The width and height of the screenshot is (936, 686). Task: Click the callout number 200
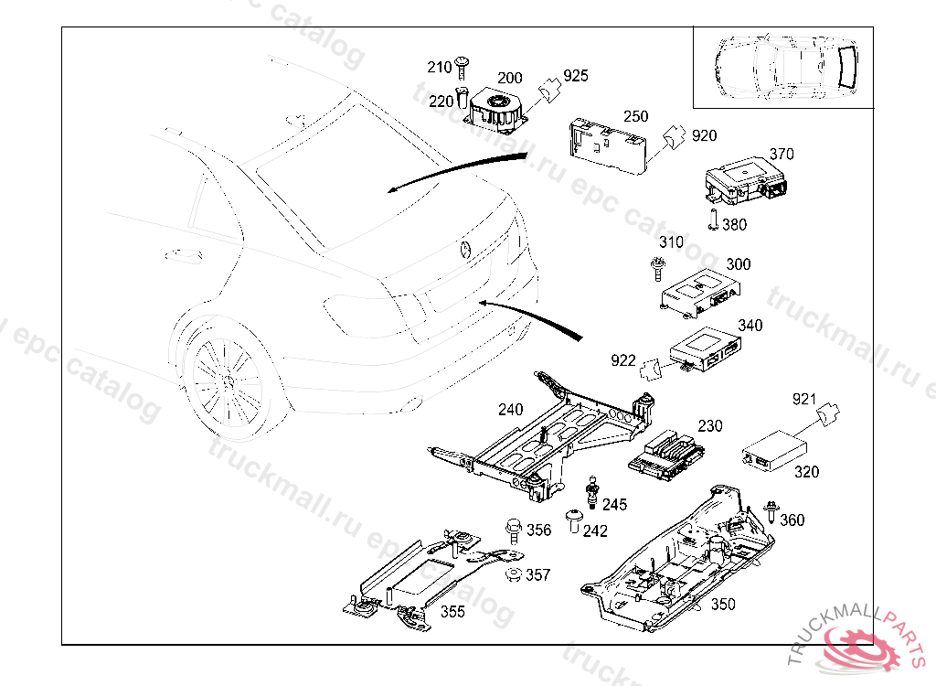(x=510, y=79)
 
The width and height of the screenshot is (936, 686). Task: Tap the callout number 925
(x=576, y=75)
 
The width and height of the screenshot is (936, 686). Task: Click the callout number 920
(x=704, y=135)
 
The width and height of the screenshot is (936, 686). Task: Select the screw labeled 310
(x=656, y=269)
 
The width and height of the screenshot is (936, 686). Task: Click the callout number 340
(x=750, y=326)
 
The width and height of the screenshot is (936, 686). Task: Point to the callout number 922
(x=623, y=360)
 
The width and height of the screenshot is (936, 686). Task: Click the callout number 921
(x=803, y=399)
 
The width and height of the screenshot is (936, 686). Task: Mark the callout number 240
(x=511, y=409)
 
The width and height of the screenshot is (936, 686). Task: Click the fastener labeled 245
(x=593, y=492)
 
